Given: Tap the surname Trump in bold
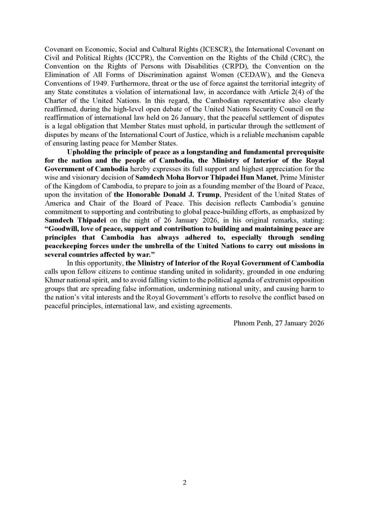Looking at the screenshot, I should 208,195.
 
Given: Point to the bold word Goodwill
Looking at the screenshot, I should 63,229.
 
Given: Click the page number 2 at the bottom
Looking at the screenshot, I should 184,483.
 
